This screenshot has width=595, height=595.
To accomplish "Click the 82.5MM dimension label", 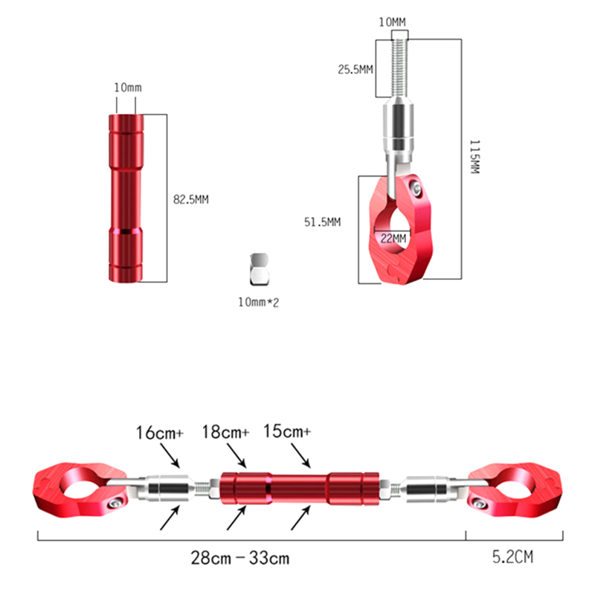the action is (191, 199).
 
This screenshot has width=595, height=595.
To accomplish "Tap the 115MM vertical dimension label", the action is (475, 157).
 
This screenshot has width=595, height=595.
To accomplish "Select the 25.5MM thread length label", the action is (356, 69).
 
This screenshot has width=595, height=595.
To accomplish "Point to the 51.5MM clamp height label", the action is (323, 222).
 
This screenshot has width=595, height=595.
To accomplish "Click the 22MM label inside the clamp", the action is (393, 238).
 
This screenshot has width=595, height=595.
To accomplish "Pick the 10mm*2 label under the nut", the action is (258, 303).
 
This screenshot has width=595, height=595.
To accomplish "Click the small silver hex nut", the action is (259, 269).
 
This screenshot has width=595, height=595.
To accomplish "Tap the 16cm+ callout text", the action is (159, 433).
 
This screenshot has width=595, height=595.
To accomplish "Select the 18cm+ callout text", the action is (225, 432).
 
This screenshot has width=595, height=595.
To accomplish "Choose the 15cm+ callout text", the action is (287, 431).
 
